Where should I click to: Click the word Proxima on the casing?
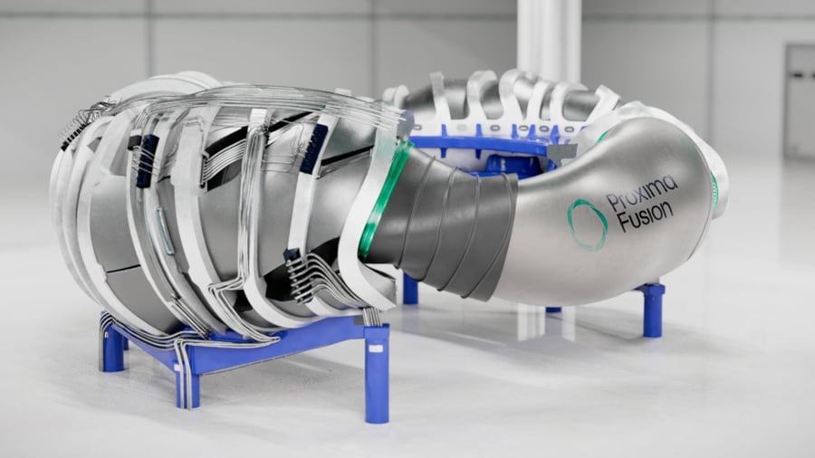pos(642,193)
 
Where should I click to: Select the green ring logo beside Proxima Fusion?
pos(587,224)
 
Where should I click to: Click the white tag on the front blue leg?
pos(375,348)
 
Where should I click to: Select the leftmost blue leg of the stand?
pos(112,347)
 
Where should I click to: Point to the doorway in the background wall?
pos(800,101)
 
